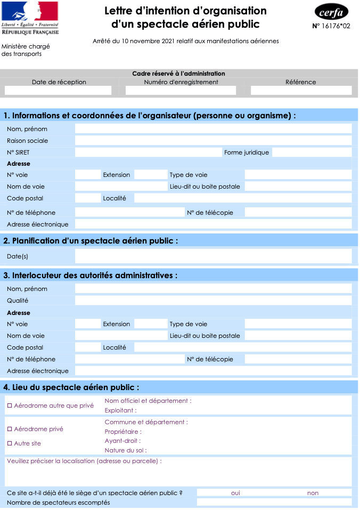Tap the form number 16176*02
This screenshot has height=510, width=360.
pyautogui.click(x=331, y=26)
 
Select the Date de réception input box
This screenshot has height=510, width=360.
pyautogui.click(x=59, y=91)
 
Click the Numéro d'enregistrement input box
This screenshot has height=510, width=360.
pyautogui.click(x=181, y=91)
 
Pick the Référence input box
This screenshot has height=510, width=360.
pyautogui.click(x=301, y=91)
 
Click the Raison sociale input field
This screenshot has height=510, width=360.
pyautogui.click(x=213, y=141)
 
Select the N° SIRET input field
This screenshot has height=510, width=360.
pyautogui.click(x=148, y=152)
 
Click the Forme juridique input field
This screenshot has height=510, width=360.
pyautogui.click(x=312, y=152)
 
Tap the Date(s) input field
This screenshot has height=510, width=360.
pyautogui.click(x=213, y=256)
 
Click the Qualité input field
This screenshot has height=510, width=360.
pyautogui.click(x=213, y=301)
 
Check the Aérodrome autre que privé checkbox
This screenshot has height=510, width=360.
pyautogui.click(x=10, y=406)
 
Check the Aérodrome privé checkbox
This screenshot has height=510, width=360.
pyautogui.click(x=10, y=429)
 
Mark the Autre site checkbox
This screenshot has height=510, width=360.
pyautogui.click(x=10, y=443)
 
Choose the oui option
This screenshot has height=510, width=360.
pyautogui.click(x=235, y=493)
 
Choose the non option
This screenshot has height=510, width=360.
pyautogui.click(x=313, y=493)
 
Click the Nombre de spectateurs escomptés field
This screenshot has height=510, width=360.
pyautogui.click(x=274, y=503)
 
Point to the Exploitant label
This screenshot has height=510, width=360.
pyautogui.click(x=120, y=410)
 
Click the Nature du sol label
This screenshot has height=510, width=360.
pyautogui.click(x=126, y=450)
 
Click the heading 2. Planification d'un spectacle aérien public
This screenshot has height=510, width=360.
pyautogui.click(x=91, y=241)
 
